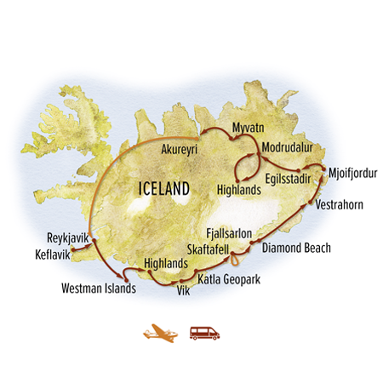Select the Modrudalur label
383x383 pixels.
[289, 146]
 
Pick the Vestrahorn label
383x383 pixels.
[340, 205]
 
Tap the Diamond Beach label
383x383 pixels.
[296, 249]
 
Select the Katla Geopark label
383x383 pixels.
[228, 278]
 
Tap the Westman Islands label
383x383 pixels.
[99, 289]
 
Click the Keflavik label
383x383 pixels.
[51, 254]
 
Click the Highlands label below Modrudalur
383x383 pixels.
[237, 190]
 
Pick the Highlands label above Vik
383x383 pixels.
[165, 265]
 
